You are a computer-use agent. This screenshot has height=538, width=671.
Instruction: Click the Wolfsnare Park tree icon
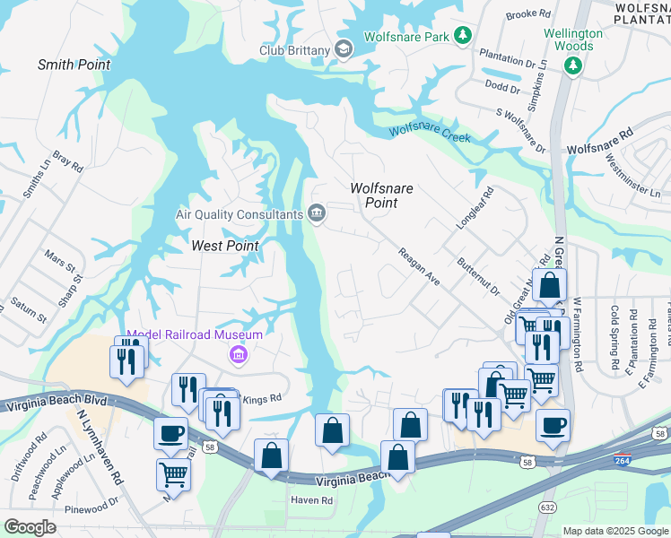[x=462, y=36]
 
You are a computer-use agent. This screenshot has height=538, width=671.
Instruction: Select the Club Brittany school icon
[x=343, y=49]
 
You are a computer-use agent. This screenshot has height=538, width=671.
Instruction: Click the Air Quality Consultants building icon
[x=316, y=213]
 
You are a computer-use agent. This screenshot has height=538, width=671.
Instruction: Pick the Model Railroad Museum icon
[x=238, y=356]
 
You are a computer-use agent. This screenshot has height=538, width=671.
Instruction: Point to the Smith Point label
[x=74, y=65]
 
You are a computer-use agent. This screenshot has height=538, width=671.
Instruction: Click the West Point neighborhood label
[x=225, y=246]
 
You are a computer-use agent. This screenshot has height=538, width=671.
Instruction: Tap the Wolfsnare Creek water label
[x=430, y=133]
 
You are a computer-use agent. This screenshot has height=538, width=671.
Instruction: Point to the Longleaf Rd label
[x=475, y=207]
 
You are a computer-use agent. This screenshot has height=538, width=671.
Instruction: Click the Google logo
[x=30, y=527]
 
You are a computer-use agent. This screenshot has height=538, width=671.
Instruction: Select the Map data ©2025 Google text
[x=614, y=531]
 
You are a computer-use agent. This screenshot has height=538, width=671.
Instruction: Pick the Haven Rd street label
[x=310, y=500]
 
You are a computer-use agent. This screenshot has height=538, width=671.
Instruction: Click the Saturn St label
[x=28, y=315]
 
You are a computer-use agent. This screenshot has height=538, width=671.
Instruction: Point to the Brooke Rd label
[x=527, y=14]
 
